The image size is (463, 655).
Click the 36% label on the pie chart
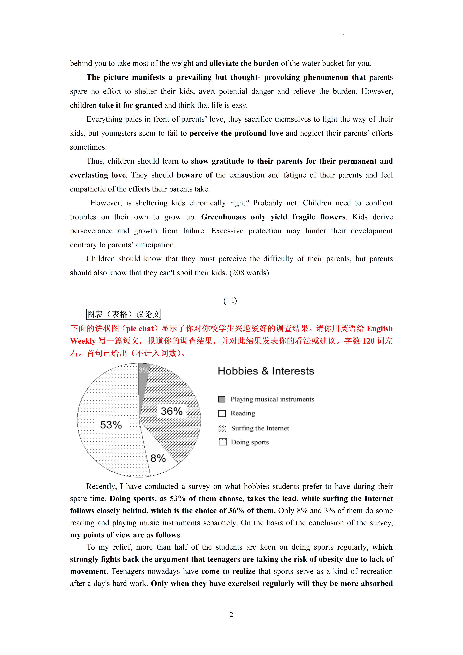[x=171, y=411]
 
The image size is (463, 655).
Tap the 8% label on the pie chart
[x=158, y=458]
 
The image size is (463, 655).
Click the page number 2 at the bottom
[x=231, y=614]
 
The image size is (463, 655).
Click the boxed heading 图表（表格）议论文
[x=123, y=314]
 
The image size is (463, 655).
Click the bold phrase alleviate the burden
[x=244, y=63]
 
